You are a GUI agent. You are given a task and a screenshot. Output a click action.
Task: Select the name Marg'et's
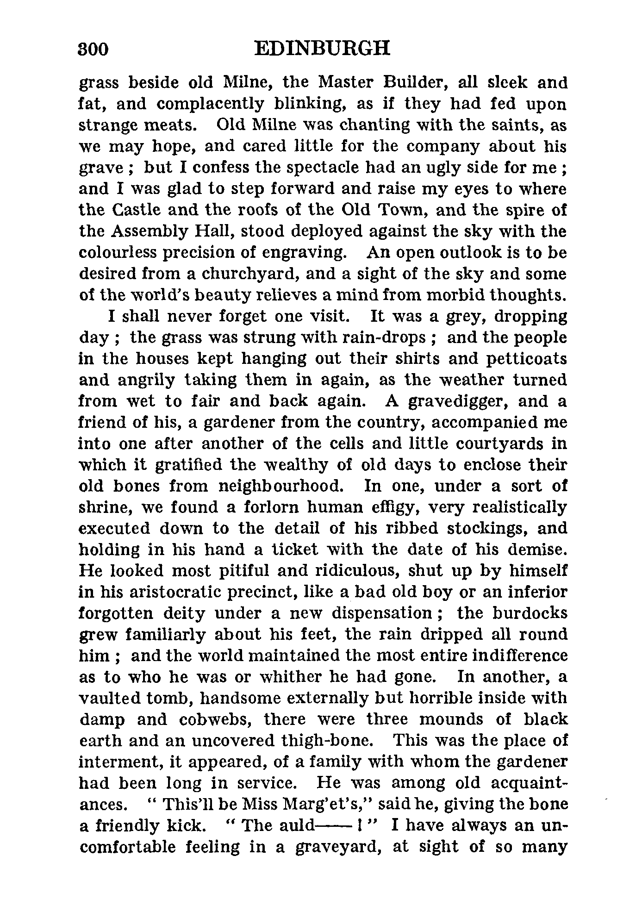point(315,805)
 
